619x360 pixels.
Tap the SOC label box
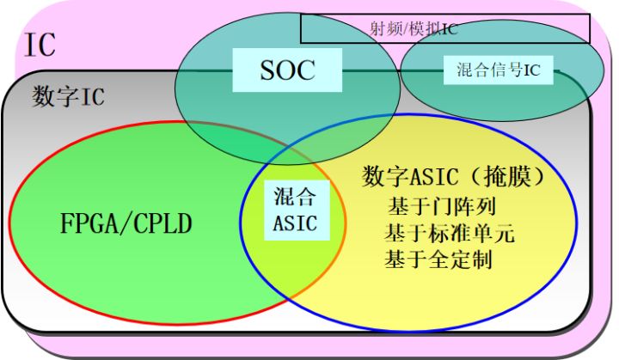point(288,70)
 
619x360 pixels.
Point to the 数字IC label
point(68,96)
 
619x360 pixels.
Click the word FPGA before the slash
point(83,226)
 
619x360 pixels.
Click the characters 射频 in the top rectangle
point(371,27)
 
